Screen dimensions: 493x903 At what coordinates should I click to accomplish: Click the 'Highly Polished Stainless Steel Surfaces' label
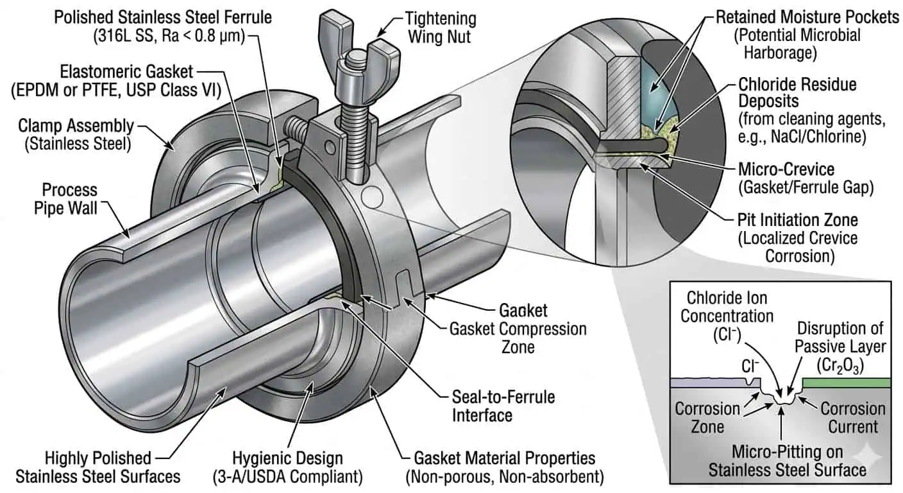98,467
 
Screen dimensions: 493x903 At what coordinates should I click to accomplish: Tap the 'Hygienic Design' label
296,467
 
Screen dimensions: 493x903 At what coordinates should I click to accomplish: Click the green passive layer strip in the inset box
846,383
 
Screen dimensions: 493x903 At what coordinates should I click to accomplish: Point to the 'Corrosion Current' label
852,417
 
